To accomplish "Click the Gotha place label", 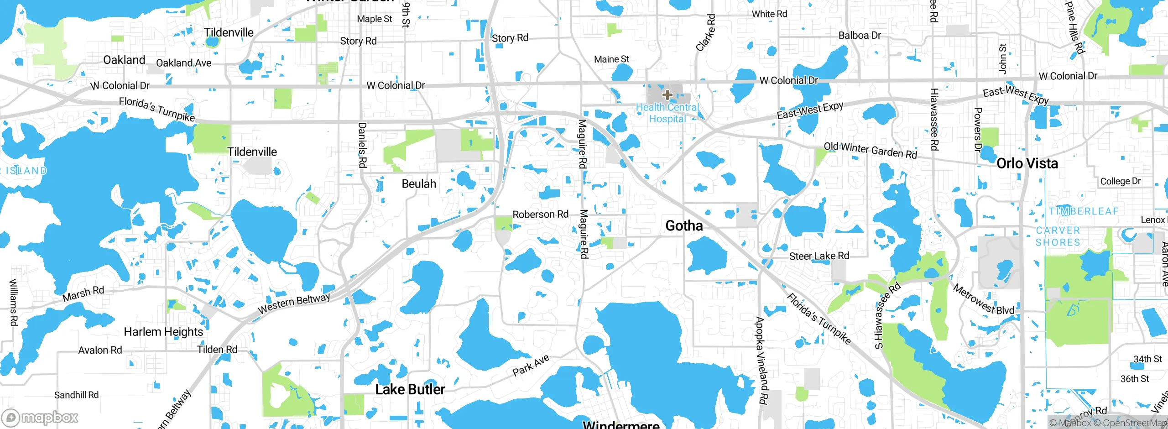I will tap(684, 225).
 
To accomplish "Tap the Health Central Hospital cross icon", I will tap(667, 95).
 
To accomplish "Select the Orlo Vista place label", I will tap(1027, 163).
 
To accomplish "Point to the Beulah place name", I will tap(419, 184).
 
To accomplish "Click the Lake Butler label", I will tap(410, 389).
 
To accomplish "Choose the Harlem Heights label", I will tap(163, 332).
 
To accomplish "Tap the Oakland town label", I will tap(124, 60).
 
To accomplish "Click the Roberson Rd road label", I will tap(540, 214).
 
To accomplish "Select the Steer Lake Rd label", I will tap(819, 256).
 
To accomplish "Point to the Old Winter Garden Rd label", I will tap(870, 150).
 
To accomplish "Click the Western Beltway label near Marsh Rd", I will tap(294, 303).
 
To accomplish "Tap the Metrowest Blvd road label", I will tap(983, 300).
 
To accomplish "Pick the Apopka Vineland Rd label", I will tap(761, 361).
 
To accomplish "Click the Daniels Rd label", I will tap(362, 145).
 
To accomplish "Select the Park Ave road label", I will tap(531, 366).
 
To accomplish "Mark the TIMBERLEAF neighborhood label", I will tap(1084, 211).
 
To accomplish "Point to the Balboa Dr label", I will tap(860, 36).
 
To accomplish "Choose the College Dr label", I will tap(1120, 181).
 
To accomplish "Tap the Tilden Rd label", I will tap(217, 350).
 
